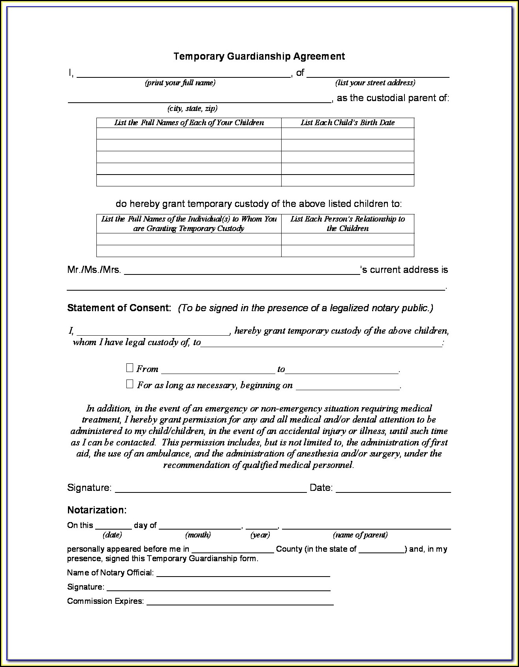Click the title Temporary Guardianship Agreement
259,56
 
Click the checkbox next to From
130,368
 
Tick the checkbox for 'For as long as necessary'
130,384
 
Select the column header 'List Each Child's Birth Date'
348,123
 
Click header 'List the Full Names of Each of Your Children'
189,123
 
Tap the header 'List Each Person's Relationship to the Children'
348,224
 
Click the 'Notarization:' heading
97,510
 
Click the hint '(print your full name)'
180,83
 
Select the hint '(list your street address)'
375,83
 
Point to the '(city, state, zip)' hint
192,109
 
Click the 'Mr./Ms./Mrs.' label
94,270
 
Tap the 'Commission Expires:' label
105,601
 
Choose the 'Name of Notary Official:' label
110,573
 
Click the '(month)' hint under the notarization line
198,535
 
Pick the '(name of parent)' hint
360,535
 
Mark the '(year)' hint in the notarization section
260,535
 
